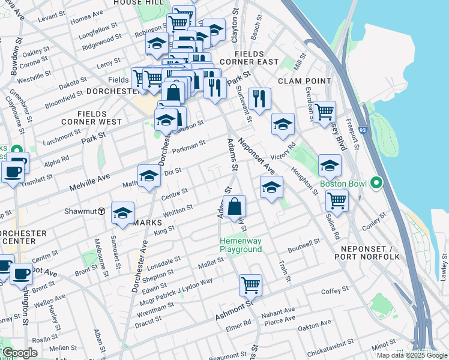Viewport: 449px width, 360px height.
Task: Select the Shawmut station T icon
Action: tap(102, 211)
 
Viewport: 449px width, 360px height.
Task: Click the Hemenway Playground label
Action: tap(240, 245)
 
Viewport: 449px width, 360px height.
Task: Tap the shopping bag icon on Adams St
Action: tap(234, 206)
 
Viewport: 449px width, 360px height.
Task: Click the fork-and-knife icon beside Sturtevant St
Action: tap(259, 99)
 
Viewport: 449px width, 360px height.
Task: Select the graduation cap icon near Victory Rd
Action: tap(283, 124)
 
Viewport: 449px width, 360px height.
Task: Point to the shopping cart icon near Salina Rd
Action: tap(337, 201)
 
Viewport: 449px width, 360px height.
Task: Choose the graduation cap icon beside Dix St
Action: tap(149, 176)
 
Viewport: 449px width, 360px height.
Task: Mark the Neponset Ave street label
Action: tap(256, 154)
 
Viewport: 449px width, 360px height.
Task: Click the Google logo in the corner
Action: tap(20, 353)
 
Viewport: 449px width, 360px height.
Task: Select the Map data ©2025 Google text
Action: tap(412, 355)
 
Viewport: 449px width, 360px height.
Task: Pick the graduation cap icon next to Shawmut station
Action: tap(122, 214)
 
